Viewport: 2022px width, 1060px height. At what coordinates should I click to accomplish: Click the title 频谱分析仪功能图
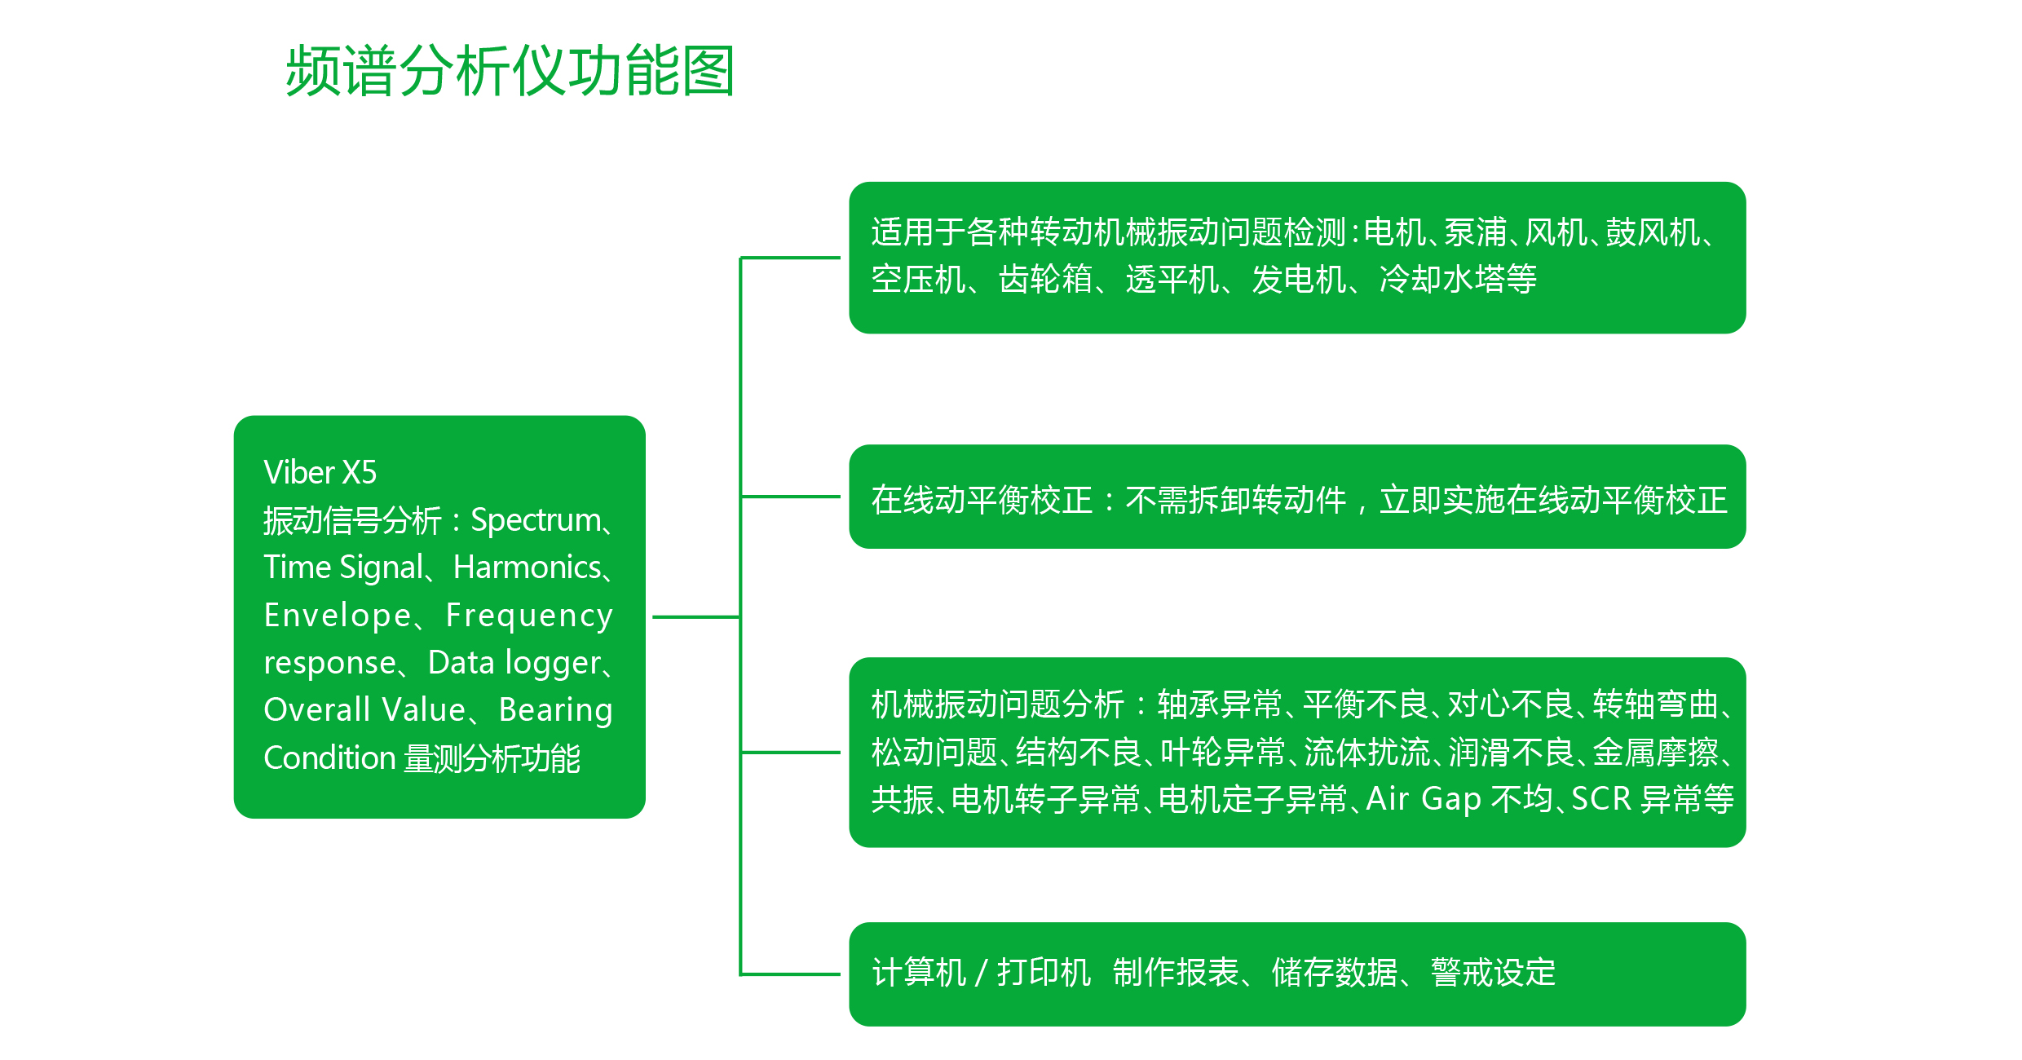(x=510, y=71)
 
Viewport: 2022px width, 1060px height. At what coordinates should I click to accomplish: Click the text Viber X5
(x=320, y=473)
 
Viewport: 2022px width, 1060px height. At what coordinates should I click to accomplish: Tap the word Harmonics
(x=527, y=568)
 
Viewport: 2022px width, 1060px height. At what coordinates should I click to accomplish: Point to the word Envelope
(x=338, y=616)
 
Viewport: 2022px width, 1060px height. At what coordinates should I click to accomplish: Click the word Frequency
(x=529, y=616)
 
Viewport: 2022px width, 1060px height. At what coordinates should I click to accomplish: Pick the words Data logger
(x=514, y=664)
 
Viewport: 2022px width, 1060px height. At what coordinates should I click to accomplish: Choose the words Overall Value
(x=364, y=710)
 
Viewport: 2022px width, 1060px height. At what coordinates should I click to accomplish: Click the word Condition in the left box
(x=329, y=758)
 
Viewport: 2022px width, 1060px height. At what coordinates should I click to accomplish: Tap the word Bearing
(x=555, y=711)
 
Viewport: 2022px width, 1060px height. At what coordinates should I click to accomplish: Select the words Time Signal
(x=343, y=568)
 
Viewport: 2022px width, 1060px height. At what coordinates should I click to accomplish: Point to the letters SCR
(x=1600, y=799)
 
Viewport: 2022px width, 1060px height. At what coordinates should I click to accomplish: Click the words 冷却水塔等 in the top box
(x=1458, y=279)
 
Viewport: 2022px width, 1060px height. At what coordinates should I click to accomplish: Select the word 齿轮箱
(x=1046, y=279)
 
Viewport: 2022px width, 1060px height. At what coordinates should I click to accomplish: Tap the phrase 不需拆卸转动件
(x=1235, y=500)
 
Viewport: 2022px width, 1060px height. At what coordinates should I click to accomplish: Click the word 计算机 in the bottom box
(x=919, y=972)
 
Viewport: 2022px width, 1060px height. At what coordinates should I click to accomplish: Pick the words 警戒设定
(x=1493, y=972)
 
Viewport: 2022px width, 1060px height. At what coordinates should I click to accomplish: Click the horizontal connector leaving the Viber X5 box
(x=696, y=617)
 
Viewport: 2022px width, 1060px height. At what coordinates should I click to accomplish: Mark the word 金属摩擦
(x=1655, y=752)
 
